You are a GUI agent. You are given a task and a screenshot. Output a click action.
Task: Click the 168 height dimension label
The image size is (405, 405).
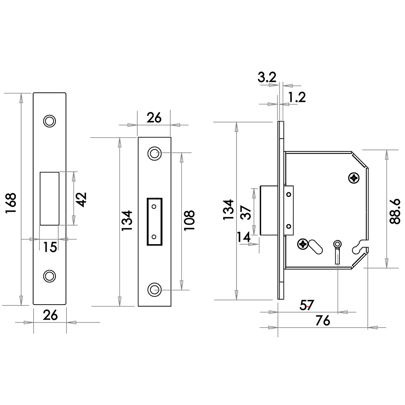(11, 203)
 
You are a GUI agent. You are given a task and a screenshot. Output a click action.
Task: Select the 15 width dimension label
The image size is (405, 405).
(50, 247)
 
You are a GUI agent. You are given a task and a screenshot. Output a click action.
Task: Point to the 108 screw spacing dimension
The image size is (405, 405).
(189, 220)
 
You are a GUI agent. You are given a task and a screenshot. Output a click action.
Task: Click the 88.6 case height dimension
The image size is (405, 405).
(395, 211)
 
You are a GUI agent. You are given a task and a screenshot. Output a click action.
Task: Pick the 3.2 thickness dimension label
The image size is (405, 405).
(267, 77)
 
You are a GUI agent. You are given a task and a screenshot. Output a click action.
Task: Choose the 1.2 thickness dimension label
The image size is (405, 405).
(297, 97)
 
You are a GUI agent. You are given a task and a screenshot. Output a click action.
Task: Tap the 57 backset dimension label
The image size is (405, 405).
(307, 305)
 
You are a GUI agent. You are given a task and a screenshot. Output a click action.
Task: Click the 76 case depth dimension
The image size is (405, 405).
(323, 321)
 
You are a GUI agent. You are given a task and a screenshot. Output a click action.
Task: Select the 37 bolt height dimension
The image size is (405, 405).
(246, 212)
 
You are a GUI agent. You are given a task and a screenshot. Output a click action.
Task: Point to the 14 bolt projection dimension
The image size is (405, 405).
(243, 237)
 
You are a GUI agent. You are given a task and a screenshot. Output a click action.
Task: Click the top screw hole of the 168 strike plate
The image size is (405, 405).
(49, 121)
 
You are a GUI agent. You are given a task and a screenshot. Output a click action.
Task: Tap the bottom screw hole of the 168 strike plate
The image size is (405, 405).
(49, 276)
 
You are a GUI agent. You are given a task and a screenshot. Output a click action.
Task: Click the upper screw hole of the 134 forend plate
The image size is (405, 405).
(154, 153)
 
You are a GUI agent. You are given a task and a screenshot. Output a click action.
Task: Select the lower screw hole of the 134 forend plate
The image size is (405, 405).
(154, 289)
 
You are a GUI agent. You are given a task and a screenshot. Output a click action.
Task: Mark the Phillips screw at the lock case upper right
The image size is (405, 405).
(354, 178)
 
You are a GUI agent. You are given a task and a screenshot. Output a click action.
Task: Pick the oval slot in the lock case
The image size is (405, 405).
(315, 247)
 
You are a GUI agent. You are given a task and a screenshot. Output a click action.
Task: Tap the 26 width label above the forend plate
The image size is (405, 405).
(154, 118)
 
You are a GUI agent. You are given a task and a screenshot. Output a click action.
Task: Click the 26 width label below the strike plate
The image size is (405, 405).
(50, 315)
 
